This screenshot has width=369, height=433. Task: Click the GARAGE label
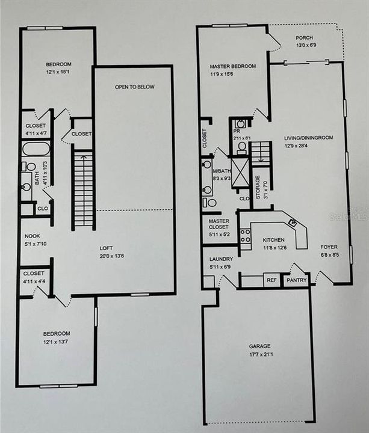(x=260, y=346)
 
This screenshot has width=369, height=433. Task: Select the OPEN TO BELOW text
(x=135, y=87)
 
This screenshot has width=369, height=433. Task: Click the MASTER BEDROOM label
(x=232, y=66)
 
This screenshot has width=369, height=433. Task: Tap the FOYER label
(x=329, y=247)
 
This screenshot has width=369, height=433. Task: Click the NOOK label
(x=32, y=236)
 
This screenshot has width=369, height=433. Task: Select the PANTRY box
(x=297, y=280)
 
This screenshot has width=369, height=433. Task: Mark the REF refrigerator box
(x=271, y=280)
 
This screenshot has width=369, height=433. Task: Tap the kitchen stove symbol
(x=245, y=236)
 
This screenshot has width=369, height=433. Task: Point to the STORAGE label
(x=258, y=187)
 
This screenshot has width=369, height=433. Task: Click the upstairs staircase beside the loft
(x=84, y=190)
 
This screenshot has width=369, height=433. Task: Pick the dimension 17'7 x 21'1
(x=260, y=355)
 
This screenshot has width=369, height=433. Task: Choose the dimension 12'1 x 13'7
(x=56, y=342)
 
